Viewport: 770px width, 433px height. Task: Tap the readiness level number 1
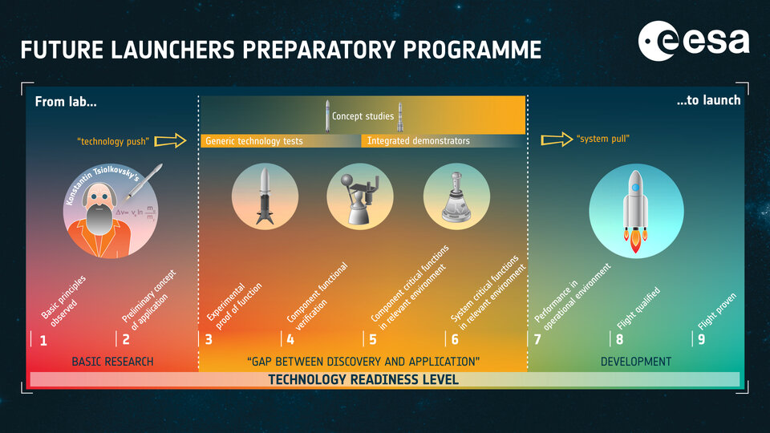[x=43, y=339]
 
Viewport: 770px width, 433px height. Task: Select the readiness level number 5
[x=373, y=339]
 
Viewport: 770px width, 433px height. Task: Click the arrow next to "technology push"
[x=170, y=141]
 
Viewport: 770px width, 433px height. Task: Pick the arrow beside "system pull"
[x=556, y=140]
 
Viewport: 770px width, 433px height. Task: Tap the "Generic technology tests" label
[x=254, y=141]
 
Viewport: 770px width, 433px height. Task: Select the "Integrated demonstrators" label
[x=418, y=141]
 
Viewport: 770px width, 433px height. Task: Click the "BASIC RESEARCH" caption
[x=112, y=362]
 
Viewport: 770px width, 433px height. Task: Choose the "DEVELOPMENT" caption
[x=636, y=362]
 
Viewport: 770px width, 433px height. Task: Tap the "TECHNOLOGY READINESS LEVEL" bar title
[x=363, y=379]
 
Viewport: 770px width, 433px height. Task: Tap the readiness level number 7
[x=537, y=339]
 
